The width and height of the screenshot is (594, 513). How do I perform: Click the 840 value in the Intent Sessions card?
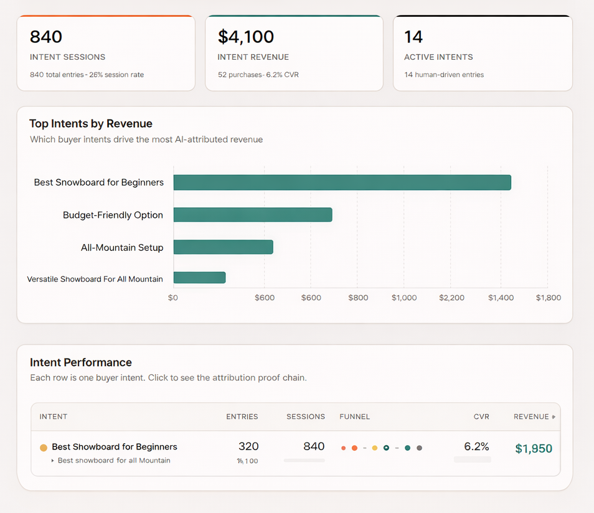(x=46, y=37)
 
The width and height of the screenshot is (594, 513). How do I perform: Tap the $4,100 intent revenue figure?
(x=245, y=37)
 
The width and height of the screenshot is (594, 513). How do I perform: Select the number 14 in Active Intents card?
(x=413, y=37)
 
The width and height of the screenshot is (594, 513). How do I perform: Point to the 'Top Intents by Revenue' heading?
(x=90, y=123)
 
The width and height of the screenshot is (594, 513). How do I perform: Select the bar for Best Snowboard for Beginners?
(x=342, y=182)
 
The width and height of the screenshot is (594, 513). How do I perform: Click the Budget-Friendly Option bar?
(x=252, y=215)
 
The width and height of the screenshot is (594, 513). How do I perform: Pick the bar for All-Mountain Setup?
(x=223, y=247)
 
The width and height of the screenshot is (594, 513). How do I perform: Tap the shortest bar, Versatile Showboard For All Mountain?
(x=199, y=278)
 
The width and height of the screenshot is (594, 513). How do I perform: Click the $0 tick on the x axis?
(x=173, y=298)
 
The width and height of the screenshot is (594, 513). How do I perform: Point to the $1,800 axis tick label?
(x=548, y=298)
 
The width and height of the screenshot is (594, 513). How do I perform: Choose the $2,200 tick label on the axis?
(x=451, y=298)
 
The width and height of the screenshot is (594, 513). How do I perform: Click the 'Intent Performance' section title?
(x=81, y=362)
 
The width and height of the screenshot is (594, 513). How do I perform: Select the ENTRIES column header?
(x=242, y=417)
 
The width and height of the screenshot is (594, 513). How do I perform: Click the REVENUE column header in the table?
(x=531, y=417)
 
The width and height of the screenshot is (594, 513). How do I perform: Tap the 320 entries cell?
(x=248, y=446)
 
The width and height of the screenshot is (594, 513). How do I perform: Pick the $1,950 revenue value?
(x=534, y=449)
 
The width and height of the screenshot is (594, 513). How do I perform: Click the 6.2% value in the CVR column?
(x=476, y=446)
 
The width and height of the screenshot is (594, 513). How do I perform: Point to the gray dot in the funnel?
(x=420, y=448)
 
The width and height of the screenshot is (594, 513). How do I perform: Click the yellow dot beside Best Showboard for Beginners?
(x=44, y=448)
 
